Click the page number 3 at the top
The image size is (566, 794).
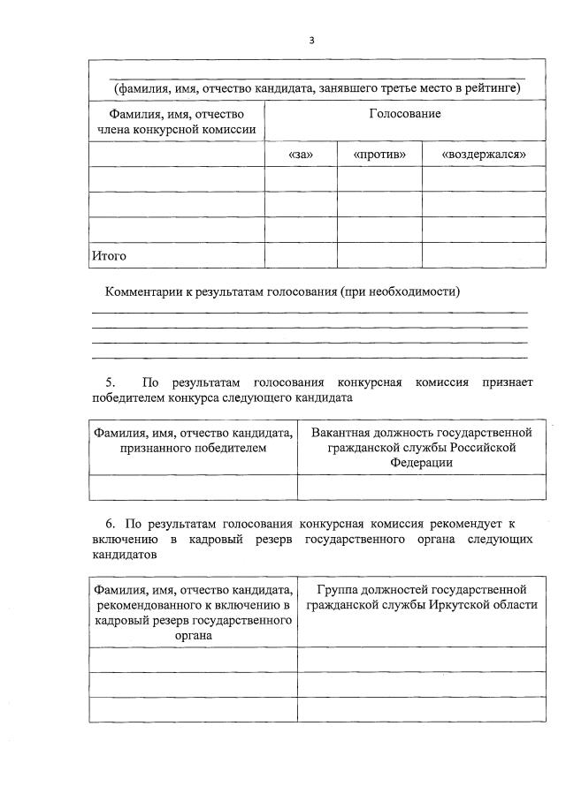tap(311, 40)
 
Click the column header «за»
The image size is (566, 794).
tap(301, 154)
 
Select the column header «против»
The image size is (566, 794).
tap(379, 154)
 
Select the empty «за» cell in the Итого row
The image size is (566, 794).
tap(301, 255)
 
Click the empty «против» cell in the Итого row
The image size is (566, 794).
tap(379, 255)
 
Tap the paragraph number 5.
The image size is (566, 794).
tap(111, 382)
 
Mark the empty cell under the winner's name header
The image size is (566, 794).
tap(192, 488)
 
